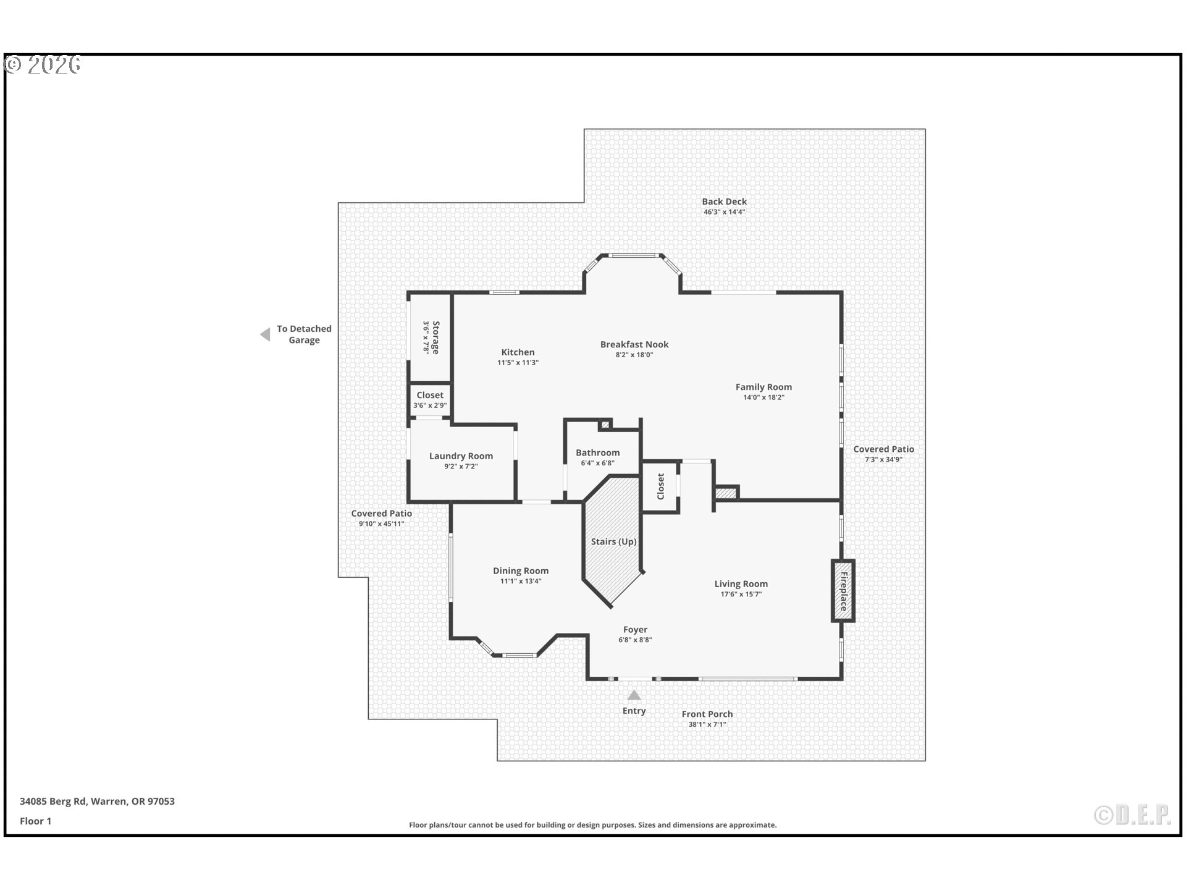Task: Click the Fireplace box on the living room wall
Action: pyautogui.click(x=843, y=591)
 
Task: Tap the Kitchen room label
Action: pyautogui.click(x=518, y=352)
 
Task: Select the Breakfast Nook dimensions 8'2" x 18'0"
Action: pyautogui.click(x=634, y=355)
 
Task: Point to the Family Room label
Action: pyautogui.click(x=763, y=387)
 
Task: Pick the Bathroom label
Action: pyautogui.click(x=597, y=452)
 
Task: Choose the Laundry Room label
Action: pyautogui.click(x=461, y=456)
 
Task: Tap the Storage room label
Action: pyautogui.click(x=435, y=337)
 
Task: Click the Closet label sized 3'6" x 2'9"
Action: pyautogui.click(x=430, y=395)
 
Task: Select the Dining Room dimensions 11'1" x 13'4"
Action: pyautogui.click(x=520, y=582)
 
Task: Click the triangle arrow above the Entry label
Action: pyautogui.click(x=634, y=695)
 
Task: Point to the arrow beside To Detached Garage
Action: pyautogui.click(x=266, y=334)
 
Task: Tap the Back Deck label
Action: pyautogui.click(x=724, y=201)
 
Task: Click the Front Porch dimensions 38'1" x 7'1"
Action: pyautogui.click(x=707, y=724)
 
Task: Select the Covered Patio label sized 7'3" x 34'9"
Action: pyautogui.click(x=883, y=449)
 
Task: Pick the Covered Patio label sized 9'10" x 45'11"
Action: pyautogui.click(x=381, y=514)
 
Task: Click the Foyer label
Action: pyautogui.click(x=635, y=630)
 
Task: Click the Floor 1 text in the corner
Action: pyautogui.click(x=35, y=821)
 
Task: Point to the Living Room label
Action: pyautogui.click(x=741, y=584)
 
